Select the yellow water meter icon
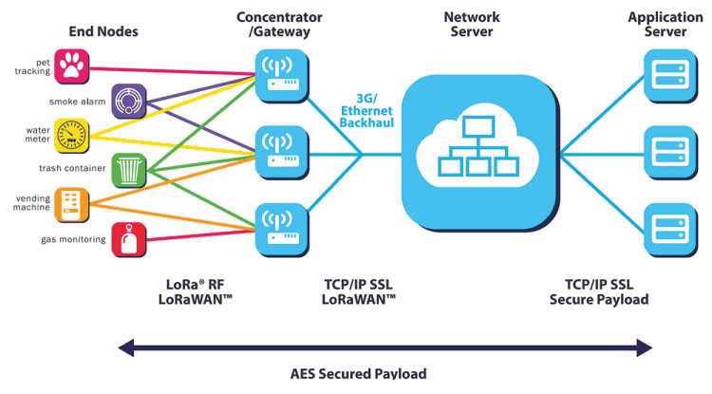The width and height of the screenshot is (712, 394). point(71,133)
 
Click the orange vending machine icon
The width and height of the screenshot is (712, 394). point(71,204)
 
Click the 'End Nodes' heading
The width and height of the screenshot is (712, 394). point(103,31)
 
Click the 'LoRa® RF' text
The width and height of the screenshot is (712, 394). point(198,284)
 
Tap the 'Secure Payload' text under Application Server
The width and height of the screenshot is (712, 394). point(599,299)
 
